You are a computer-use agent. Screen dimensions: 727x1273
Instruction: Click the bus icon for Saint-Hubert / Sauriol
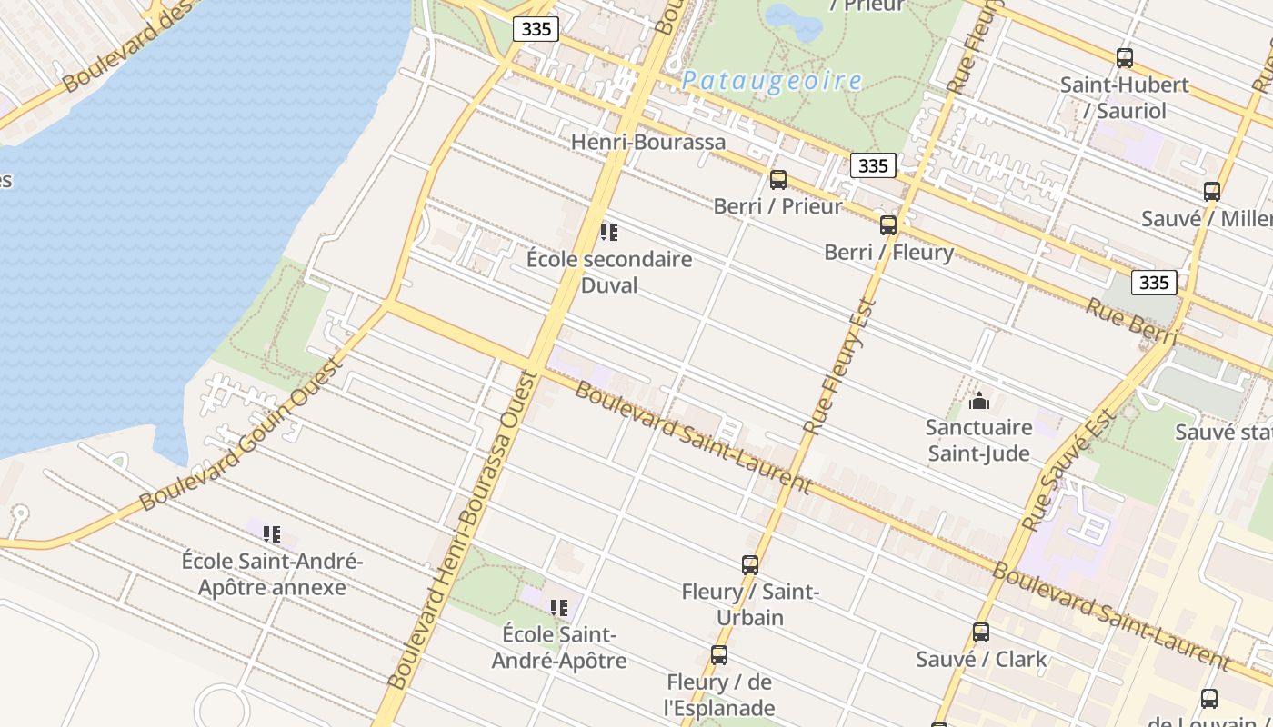pos(1125,58)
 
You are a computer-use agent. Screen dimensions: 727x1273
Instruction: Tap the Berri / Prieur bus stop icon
pos(778,180)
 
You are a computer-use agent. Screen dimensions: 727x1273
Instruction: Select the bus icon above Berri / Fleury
pos(888,225)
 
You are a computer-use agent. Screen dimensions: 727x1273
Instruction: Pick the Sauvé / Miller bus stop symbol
pos(1212,192)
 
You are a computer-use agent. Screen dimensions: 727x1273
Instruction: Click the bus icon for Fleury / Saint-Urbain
pos(750,565)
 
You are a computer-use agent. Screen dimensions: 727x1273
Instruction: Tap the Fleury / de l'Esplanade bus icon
pos(719,655)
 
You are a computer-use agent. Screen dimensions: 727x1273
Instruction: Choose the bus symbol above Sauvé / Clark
pos(981,632)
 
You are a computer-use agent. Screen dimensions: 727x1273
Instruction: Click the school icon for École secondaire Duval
pos(609,233)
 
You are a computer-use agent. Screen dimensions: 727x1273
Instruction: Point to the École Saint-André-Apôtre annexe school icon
pos(272,534)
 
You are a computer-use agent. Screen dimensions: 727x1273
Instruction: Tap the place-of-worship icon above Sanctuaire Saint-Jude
pos(979,400)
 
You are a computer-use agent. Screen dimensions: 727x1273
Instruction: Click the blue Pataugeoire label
pos(772,81)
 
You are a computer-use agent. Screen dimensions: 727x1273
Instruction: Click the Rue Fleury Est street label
pos(841,366)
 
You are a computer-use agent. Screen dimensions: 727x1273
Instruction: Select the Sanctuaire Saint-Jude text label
pos(979,440)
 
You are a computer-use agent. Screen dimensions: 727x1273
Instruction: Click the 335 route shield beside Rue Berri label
pos(1154,283)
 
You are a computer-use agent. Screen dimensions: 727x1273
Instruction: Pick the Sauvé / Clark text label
pos(981,659)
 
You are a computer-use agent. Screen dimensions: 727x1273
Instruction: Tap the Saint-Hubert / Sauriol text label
pos(1125,97)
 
